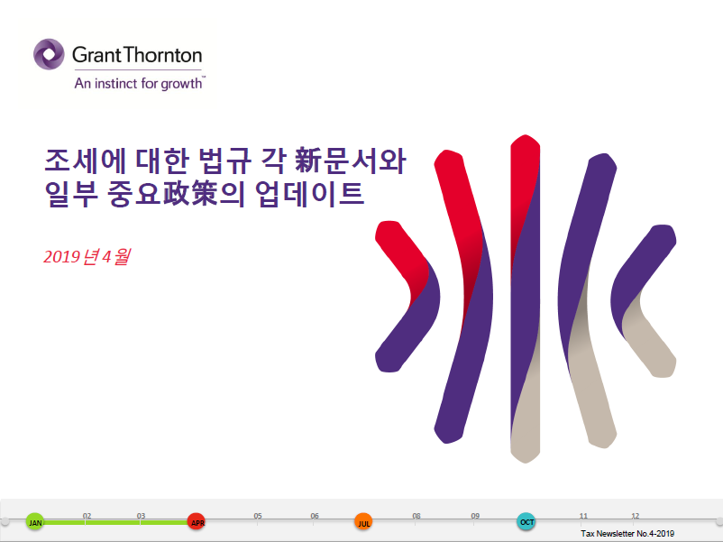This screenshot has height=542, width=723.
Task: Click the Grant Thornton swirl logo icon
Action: (x=49, y=54)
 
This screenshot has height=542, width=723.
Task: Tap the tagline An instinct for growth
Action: (x=139, y=84)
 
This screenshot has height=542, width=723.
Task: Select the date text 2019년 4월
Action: (x=87, y=256)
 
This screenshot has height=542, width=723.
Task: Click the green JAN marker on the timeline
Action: (x=35, y=521)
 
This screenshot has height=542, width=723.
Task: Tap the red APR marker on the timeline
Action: (x=197, y=521)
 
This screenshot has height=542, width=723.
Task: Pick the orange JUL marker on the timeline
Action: (x=363, y=521)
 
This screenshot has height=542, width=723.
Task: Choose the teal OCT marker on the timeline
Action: (x=526, y=521)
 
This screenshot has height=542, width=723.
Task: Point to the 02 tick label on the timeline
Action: (x=87, y=516)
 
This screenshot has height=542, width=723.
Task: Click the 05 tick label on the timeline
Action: (x=258, y=516)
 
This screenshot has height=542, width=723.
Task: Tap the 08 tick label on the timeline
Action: (x=416, y=516)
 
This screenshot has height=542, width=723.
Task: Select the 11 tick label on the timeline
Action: (x=583, y=516)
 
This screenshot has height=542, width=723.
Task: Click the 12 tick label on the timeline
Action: (x=636, y=516)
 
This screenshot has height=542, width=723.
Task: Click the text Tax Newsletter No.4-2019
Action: (x=627, y=534)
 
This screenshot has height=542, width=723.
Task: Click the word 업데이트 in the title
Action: (x=309, y=194)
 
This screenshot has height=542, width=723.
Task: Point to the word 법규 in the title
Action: (x=225, y=161)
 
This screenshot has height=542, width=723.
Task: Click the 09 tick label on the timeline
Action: (x=475, y=516)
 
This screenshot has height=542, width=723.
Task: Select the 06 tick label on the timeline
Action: (x=315, y=516)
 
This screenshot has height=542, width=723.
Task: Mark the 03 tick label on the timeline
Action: (x=141, y=516)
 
